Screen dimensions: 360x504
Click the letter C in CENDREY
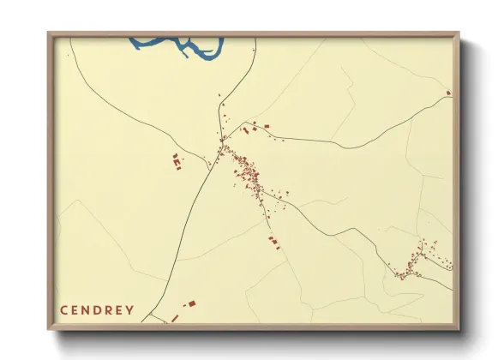pos(64,309)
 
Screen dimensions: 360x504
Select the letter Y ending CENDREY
pos(130,309)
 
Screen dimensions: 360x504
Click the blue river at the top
pos(184,47)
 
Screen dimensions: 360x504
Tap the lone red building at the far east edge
pos(447,93)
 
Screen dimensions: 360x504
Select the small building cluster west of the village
pos(176,160)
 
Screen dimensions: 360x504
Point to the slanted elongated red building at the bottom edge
pos(175,318)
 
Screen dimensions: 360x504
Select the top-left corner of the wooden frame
pos(49,33)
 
